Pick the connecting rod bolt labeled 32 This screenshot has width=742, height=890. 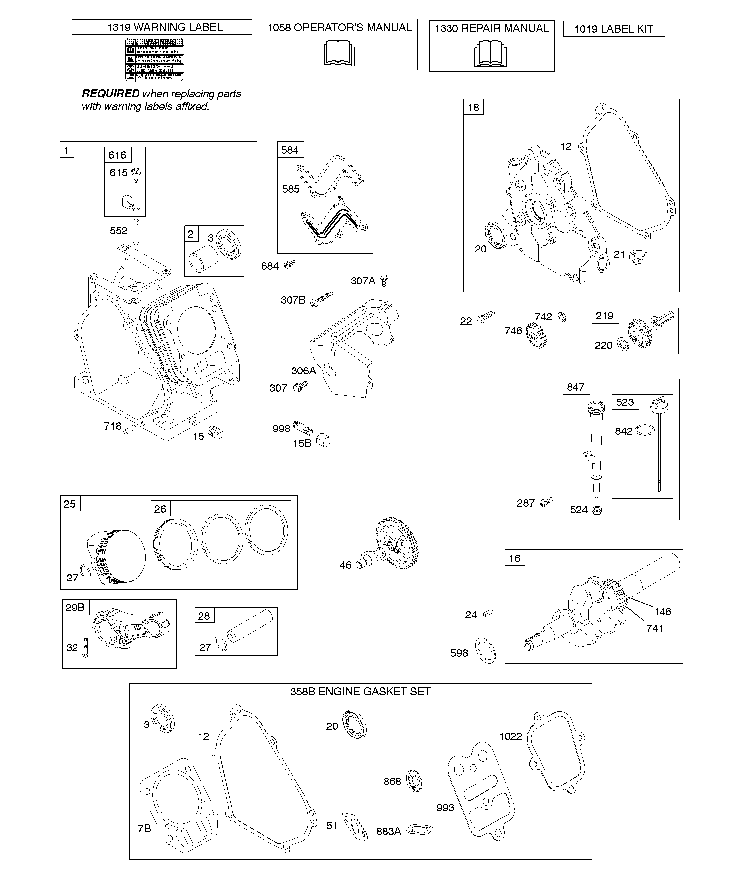tap(86, 647)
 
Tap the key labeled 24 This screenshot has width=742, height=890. tap(488, 613)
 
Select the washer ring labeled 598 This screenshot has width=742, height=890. tap(485, 651)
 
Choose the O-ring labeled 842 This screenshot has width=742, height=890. tap(644, 430)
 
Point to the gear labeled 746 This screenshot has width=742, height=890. tap(536, 335)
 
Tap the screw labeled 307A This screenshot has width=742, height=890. tap(384, 281)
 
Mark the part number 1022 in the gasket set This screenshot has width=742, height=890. tap(510, 736)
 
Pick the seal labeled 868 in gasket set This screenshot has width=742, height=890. tap(414, 781)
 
